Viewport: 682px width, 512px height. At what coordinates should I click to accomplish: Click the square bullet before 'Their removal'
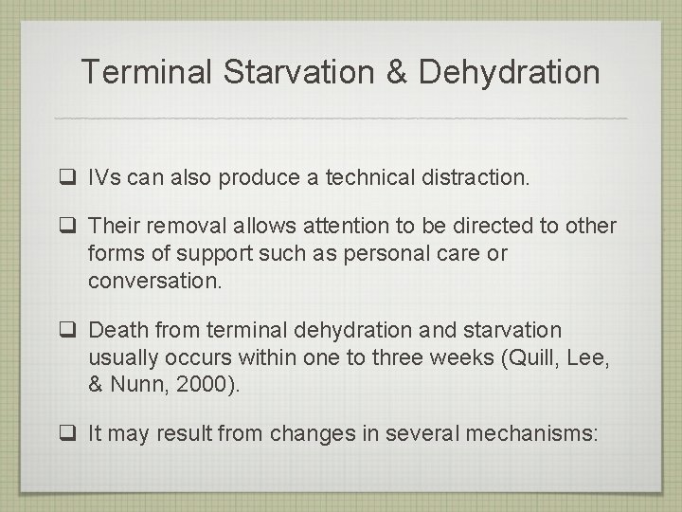coord(69,227)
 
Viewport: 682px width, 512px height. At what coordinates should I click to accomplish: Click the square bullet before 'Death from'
coord(69,331)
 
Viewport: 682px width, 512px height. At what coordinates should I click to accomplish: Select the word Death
coord(117,330)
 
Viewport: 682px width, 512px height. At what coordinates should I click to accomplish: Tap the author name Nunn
coord(135,385)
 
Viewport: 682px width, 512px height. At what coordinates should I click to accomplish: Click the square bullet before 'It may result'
coord(69,433)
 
